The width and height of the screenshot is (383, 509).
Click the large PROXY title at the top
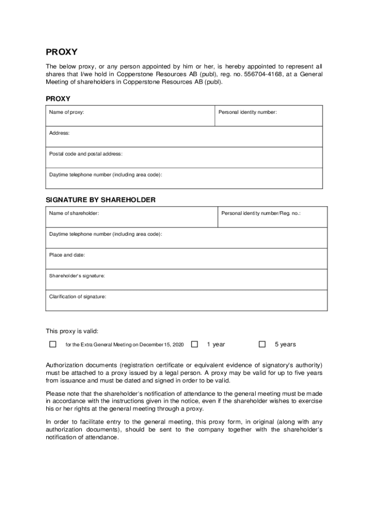(x=62, y=52)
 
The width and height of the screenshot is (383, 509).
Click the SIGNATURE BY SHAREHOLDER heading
(x=100, y=200)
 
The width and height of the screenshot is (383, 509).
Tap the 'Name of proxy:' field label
(x=67, y=112)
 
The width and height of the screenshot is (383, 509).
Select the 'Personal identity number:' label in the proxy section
(x=248, y=112)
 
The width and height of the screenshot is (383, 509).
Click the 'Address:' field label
(x=59, y=133)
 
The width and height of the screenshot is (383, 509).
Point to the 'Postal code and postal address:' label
(x=86, y=154)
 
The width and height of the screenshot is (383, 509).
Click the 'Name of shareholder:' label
(x=74, y=213)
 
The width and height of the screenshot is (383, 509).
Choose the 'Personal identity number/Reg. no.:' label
(x=261, y=213)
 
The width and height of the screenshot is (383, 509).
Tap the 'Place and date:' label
(x=67, y=255)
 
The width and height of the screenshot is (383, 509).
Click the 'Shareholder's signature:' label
(x=77, y=276)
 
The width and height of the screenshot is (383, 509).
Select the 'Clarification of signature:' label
(x=78, y=297)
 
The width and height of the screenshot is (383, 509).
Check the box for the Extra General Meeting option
(x=53, y=344)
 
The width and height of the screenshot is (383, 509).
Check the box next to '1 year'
(x=194, y=344)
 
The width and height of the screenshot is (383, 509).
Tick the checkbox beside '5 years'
(x=262, y=344)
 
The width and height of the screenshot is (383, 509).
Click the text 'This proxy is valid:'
(x=72, y=331)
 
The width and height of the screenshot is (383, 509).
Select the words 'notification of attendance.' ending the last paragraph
(x=83, y=438)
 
